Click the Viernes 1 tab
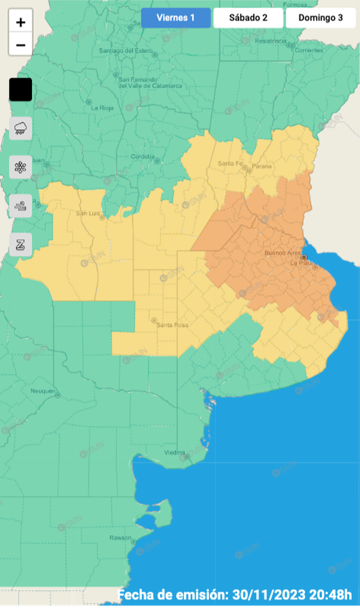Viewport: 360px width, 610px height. tap(175, 18)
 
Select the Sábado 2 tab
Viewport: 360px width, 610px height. tap(248, 18)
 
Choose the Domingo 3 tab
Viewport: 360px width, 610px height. tap(320, 18)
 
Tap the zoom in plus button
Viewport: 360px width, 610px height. tap(21, 23)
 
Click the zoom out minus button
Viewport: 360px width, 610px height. tap(21, 45)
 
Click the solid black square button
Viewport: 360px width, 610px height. tap(21, 90)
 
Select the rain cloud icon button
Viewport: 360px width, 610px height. tap(21, 127)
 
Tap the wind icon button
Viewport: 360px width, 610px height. tap(21, 206)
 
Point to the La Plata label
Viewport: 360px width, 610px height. tap(300, 263)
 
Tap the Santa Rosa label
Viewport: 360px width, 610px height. tap(172, 324)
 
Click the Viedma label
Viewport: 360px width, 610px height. tap(174, 452)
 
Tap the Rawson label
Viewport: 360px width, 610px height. tap(120, 537)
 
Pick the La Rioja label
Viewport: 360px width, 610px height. tap(102, 108)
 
